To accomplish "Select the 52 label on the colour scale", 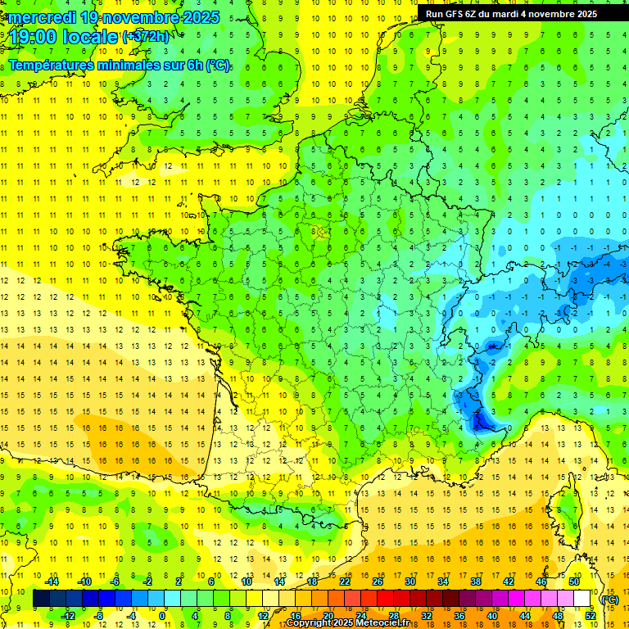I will (590, 616).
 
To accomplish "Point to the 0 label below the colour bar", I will (162, 616).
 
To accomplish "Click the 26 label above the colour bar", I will (378, 581).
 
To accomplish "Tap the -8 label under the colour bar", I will (98, 616).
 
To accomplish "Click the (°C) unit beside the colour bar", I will (609, 600).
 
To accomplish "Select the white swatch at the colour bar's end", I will (582, 599).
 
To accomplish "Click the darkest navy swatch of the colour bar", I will (42, 599).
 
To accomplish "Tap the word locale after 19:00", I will (90, 36).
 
